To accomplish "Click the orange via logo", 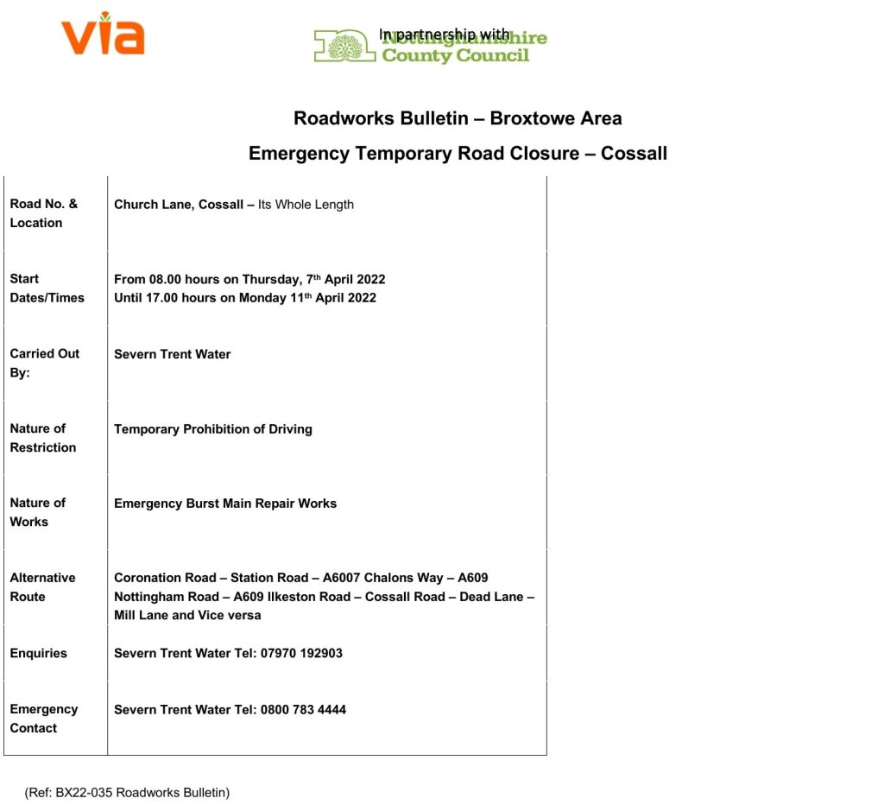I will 103,34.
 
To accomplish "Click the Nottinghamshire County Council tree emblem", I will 344,46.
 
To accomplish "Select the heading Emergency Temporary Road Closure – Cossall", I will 458,154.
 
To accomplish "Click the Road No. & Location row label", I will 43,213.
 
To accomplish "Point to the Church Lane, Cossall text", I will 179,205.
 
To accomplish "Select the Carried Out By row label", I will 44,363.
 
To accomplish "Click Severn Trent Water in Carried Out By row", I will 173,354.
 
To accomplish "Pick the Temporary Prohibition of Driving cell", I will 213,429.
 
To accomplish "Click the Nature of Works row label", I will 37,512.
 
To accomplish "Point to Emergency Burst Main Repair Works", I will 225,504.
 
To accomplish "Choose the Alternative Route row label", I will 42,587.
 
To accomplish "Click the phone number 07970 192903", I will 301,653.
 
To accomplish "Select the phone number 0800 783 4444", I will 303,710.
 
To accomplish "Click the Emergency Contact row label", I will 43,719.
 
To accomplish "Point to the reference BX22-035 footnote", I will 127,792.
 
